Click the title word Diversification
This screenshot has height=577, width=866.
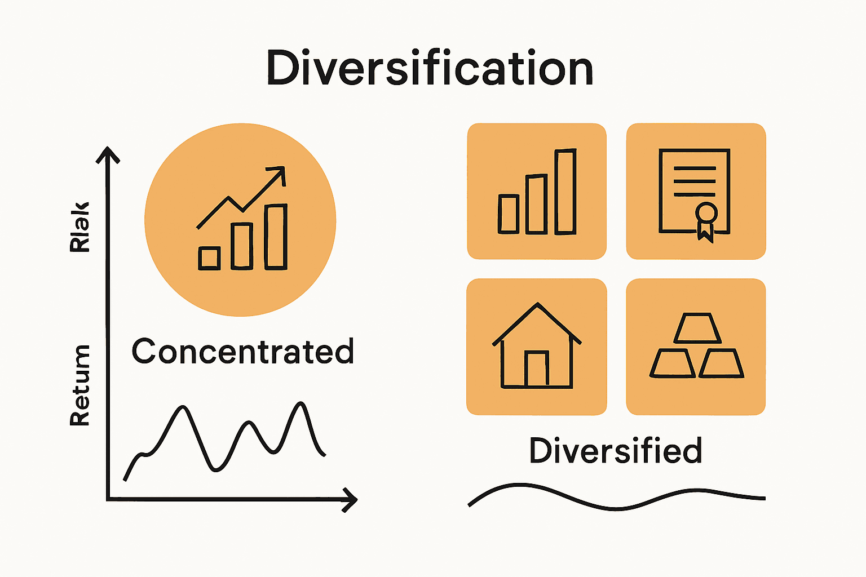[x=430, y=68]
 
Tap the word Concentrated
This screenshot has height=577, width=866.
[x=242, y=352]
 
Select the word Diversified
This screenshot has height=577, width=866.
[x=616, y=451]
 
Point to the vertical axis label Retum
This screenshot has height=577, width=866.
[x=79, y=385]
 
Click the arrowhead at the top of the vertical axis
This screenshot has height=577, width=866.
[x=108, y=153]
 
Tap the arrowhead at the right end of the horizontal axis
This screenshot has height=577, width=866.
[x=351, y=499]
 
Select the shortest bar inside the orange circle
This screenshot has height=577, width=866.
[x=209, y=258]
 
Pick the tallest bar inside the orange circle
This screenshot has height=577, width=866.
[x=276, y=237]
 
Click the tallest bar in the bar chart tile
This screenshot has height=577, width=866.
[x=565, y=192]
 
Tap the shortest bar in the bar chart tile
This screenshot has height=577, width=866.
[x=509, y=214]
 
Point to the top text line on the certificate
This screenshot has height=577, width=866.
[x=695, y=168]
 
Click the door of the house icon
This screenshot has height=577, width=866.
[x=537, y=369]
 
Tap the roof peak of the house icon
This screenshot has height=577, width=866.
[x=537, y=305]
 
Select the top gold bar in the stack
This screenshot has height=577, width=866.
[x=697, y=328]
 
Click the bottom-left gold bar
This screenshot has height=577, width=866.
[x=671, y=364]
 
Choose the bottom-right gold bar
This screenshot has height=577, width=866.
[x=722, y=364]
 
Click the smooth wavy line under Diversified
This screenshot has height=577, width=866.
[x=616, y=508]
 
